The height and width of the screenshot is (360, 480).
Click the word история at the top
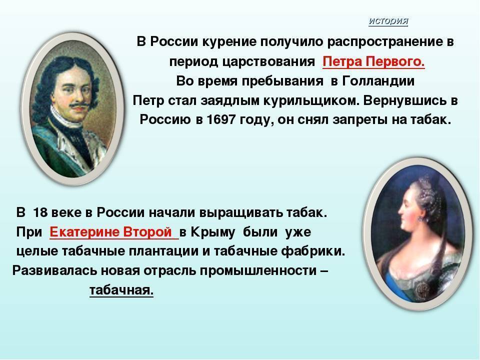pos(388,21)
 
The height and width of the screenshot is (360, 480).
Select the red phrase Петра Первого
pos(373,61)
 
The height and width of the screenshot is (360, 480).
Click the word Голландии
pos(378,81)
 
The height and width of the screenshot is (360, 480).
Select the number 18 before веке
pos(40,212)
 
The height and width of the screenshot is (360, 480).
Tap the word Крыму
pos(213,232)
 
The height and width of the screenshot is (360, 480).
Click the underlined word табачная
pos(121,290)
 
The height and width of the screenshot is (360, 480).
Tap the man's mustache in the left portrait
pos(79,106)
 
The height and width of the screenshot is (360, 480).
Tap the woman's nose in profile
pos(400,210)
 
